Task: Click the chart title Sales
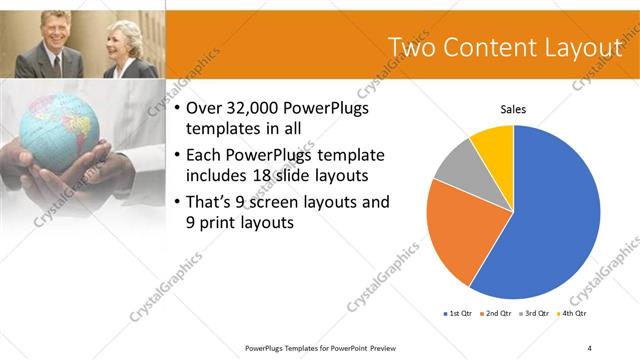[513, 109]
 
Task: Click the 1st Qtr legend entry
[460, 314]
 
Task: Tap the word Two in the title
[412, 48]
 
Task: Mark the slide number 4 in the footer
[590, 347]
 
